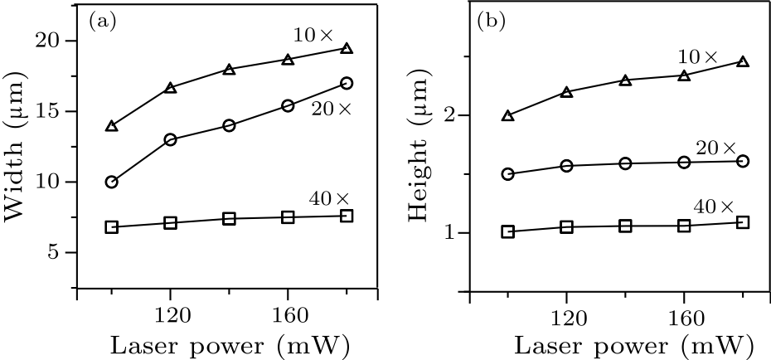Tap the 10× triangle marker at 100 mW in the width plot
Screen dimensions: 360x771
tap(112, 126)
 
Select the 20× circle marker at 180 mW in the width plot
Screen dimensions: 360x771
tap(347, 83)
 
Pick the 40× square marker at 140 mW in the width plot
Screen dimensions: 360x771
tap(230, 219)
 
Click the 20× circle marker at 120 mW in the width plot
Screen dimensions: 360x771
tap(171, 139)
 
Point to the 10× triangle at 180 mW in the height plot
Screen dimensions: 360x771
tap(743, 61)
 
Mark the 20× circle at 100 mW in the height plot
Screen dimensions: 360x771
tap(508, 174)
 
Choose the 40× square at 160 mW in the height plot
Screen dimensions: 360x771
tap(684, 226)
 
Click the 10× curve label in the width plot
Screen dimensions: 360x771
tap(313, 35)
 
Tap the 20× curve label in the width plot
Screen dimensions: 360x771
tap(332, 109)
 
